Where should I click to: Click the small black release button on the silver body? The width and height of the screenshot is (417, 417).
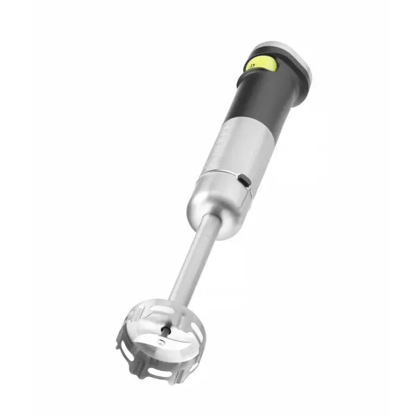click(245, 182)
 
